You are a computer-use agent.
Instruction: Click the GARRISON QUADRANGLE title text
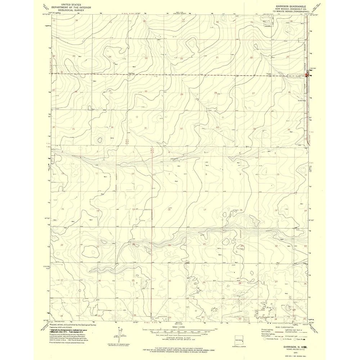click(291, 6)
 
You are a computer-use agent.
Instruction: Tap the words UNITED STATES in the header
click(71, 4)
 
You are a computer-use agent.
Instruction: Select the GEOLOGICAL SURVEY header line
click(71, 10)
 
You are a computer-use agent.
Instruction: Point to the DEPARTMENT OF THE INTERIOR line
click(71, 7)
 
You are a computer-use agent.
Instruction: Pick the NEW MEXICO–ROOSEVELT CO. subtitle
click(291, 9)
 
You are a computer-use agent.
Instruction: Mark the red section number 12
click(132, 174)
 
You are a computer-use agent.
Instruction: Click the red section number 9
click(240, 174)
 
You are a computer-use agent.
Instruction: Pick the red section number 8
click(206, 174)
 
